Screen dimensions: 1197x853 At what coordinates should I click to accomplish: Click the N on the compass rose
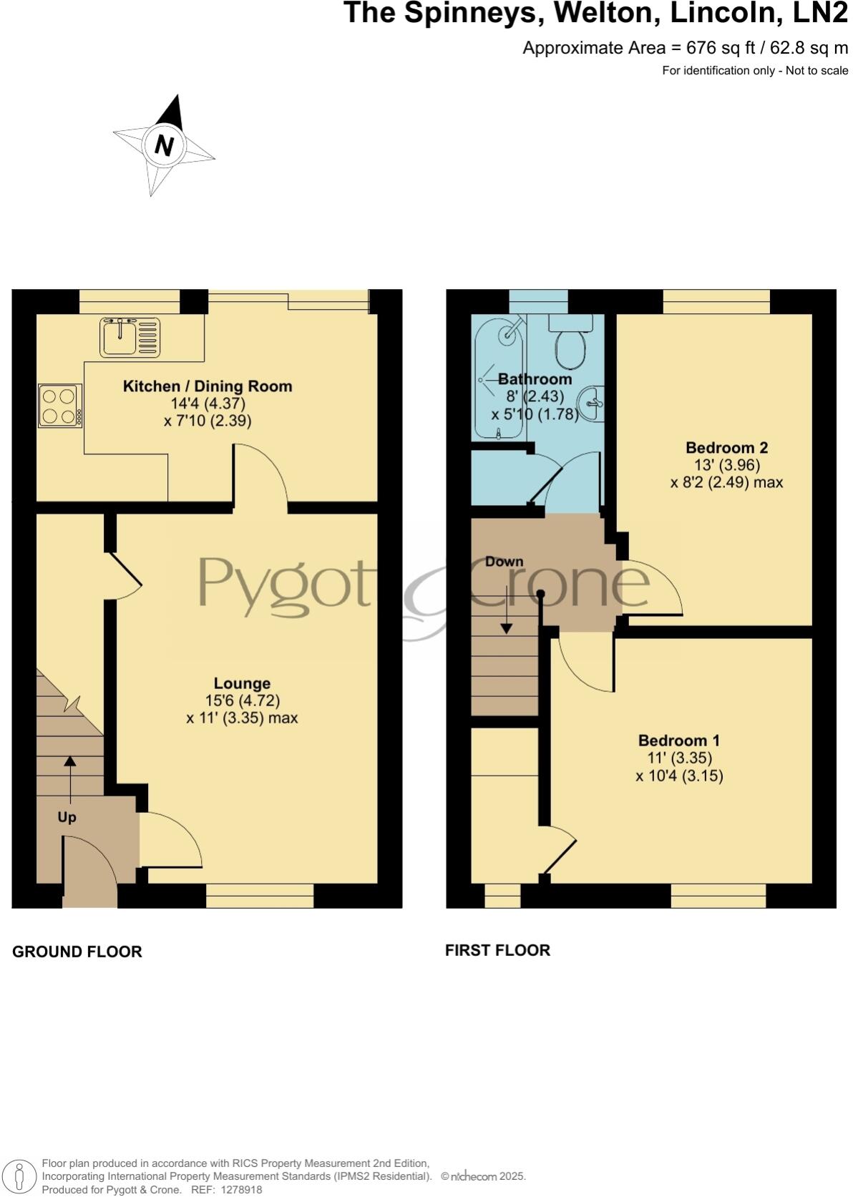point(164,146)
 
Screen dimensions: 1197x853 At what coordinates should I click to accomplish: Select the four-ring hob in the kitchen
point(60,406)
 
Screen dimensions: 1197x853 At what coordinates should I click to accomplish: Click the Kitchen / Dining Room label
point(208,386)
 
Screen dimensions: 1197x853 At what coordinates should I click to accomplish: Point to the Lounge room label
point(242,683)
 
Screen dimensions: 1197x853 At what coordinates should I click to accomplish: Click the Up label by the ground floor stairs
point(67,817)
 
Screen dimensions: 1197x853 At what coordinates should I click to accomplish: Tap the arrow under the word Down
point(507,608)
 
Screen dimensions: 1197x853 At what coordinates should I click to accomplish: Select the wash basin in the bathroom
point(593,404)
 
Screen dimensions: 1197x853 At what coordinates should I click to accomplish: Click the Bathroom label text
point(535,379)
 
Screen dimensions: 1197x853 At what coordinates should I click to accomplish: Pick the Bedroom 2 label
point(726,448)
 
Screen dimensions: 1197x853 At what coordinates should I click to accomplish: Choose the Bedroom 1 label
point(679,741)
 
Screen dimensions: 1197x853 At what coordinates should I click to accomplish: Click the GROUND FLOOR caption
point(77,952)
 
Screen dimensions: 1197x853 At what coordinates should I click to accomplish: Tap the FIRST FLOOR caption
point(497,950)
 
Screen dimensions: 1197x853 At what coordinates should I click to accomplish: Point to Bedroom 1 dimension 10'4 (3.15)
point(679,776)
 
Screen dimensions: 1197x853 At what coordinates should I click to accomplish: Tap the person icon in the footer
point(19,1176)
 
